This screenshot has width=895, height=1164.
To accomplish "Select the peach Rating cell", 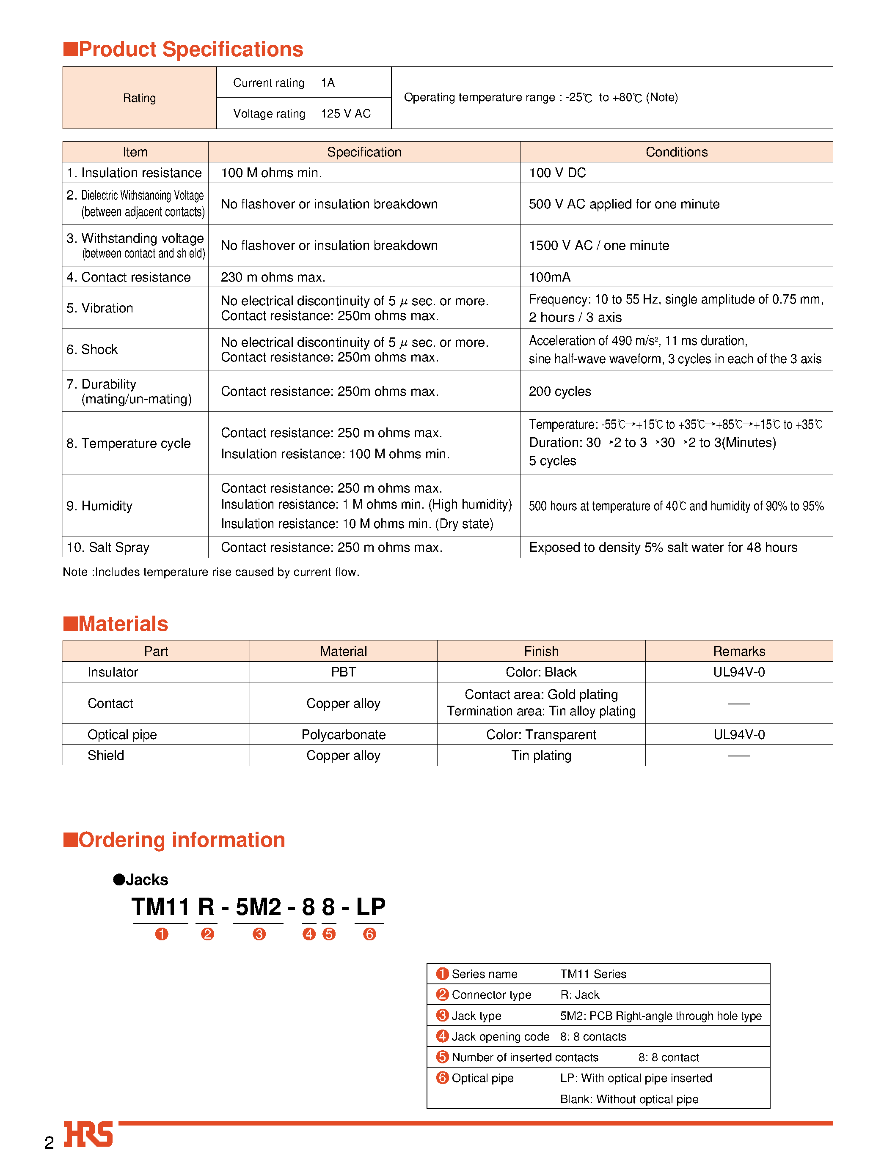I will [x=140, y=98].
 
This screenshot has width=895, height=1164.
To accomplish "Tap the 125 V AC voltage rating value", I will [x=345, y=113].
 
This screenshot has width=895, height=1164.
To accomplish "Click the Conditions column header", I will [x=676, y=152].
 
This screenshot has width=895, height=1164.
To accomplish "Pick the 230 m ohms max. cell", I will [x=273, y=277].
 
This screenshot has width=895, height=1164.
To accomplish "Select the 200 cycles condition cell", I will [x=559, y=391].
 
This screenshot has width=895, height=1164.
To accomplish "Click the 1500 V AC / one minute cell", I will [x=598, y=245].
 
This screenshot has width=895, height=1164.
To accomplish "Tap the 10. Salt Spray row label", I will [x=108, y=547].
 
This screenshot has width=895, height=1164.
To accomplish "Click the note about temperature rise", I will [x=211, y=572].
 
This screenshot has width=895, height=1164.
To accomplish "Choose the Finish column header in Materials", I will [x=541, y=651].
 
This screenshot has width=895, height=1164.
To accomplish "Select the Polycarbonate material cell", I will [x=343, y=734].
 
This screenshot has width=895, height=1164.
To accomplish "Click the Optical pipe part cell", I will [x=122, y=734].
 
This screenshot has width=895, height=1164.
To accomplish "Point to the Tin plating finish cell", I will [x=541, y=755].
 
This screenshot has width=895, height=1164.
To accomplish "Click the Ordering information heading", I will [x=181, y=840].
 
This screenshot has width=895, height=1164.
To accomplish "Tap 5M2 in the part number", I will [x=259, y=907].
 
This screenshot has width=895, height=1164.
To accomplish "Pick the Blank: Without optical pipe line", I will [x=629, y=1099].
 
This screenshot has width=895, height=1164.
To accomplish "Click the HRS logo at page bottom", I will [x=88, y=1134].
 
